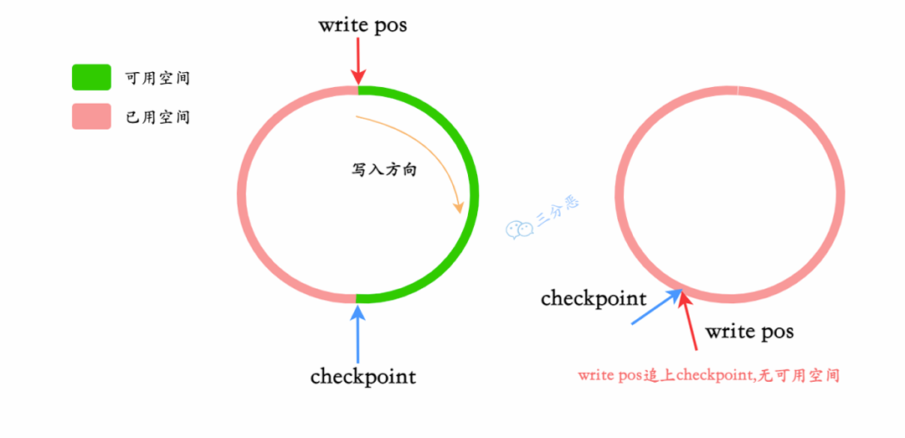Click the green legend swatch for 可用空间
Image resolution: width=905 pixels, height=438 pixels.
click(91, 77)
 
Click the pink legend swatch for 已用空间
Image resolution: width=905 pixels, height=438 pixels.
click(91, 116)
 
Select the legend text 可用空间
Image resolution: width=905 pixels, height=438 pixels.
click(157, 78)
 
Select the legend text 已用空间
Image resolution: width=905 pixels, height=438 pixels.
click(157, 117)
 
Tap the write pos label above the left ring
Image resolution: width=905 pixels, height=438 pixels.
click(363, 25)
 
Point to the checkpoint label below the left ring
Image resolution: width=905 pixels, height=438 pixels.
click(363, 377)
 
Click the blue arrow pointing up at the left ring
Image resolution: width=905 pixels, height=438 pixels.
click(358, 335)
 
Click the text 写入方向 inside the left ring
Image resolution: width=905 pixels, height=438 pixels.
click(383, 170)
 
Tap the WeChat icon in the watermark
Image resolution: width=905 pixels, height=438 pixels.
click(518, 229)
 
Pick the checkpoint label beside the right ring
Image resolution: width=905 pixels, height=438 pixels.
click(593, 298)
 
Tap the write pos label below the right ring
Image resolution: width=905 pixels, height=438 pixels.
click(748, 332)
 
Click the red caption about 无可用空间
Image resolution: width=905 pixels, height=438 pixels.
click(708, 376)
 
